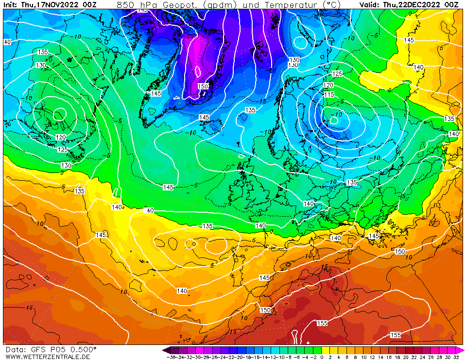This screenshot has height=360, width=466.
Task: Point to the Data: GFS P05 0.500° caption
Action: pos(51,349)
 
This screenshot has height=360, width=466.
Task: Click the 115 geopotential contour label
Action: pos(329,94)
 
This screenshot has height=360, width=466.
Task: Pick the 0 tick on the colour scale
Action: pos(322,357)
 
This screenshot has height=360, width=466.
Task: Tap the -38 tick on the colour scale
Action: pos(171,357)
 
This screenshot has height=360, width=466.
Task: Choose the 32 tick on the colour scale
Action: pos(456,357)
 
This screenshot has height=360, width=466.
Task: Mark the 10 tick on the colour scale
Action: pos(363,357)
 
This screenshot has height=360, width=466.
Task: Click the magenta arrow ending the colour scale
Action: pos(461,350)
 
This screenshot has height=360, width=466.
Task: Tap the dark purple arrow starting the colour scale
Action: pos(165,350)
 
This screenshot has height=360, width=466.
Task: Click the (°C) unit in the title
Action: pos(333,5)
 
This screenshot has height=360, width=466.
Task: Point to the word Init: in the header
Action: pos(11,5)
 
